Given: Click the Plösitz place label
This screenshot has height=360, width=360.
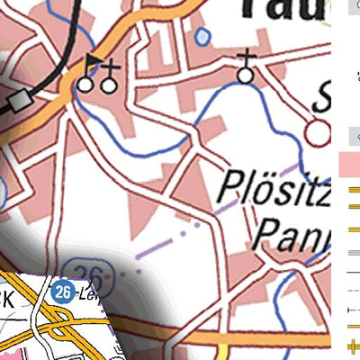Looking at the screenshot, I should pos(275,191).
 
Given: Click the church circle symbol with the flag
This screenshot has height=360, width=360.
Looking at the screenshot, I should pos(85,84).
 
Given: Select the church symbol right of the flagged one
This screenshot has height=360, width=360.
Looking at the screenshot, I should pos(108,84).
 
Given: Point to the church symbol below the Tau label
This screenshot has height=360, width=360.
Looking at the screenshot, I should pos(246,75).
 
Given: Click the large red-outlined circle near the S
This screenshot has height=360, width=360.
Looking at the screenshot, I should pos(317,133).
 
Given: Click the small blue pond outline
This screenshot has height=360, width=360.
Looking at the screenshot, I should pos(203,36).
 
